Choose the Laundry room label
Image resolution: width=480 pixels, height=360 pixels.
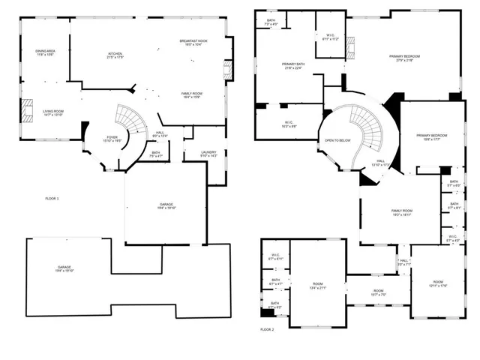click(208, 154)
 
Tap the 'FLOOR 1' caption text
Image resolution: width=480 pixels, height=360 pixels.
click(52, 198)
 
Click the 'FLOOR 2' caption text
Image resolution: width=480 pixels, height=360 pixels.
click(268, 329)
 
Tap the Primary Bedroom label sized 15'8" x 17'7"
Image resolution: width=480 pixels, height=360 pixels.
click(427, 137)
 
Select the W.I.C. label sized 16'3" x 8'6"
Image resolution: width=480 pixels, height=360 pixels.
click(289, 124)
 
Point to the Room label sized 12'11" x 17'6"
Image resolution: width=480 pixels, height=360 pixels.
click(438, 284)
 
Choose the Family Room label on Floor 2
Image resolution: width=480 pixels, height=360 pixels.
click(402, 213)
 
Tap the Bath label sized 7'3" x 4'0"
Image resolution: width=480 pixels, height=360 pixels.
click(271, 22)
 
